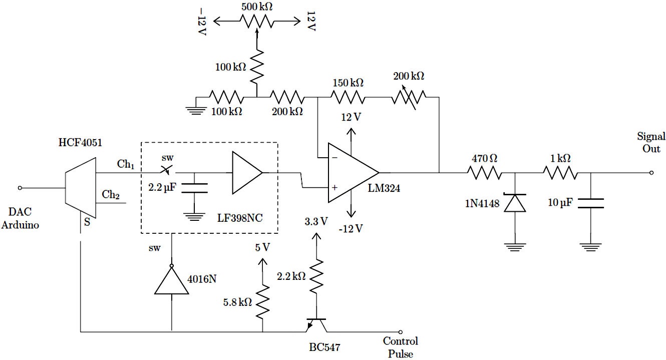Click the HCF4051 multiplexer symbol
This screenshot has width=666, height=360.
[x=80, y=188]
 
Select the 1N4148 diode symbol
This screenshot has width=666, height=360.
[x=515, y=203]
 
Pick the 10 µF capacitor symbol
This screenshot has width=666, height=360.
[x=590, y=203]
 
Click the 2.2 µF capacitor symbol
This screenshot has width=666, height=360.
[x=194, y=188]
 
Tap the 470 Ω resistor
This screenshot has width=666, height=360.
[x=484, y=173]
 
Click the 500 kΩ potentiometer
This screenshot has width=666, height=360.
[x=256, y=21]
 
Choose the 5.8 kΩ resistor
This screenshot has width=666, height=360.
[x=262, y=301]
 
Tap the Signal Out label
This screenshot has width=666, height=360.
[x=650, y=142]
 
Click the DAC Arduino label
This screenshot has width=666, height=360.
[x=20, y=219]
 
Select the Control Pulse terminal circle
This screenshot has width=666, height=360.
[x=400, y=331]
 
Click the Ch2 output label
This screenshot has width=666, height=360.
[x=111, y=194]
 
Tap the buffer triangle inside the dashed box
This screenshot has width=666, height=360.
[x=246, y=173]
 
